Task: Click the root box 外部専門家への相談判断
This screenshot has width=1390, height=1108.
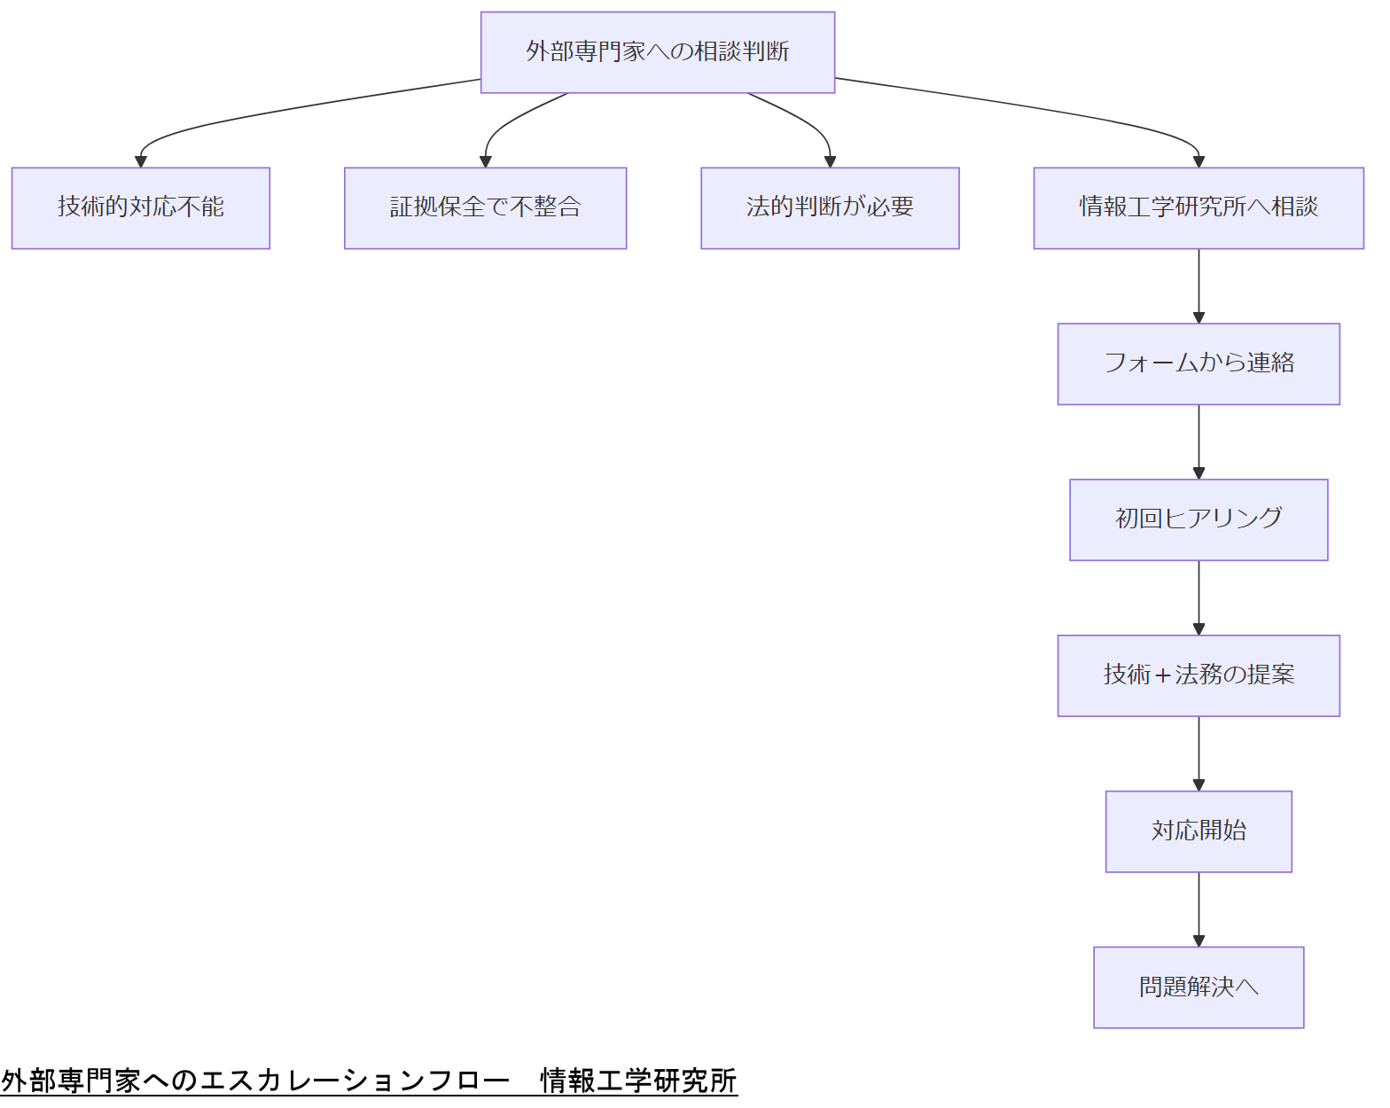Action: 657,52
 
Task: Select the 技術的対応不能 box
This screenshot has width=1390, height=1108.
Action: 140,208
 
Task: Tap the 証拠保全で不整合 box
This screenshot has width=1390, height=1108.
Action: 485,208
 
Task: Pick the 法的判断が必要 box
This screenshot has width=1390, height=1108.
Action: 830,208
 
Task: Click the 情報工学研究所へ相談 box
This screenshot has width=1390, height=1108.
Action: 1198,208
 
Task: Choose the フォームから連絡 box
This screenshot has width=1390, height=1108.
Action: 1198,364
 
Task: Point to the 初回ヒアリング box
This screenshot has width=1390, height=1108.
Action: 1198,520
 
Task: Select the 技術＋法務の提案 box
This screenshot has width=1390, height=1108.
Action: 1198,675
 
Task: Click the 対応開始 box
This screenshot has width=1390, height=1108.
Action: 1198,831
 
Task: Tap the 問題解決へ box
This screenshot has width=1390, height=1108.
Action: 1198,987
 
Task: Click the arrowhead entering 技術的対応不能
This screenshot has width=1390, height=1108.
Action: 140,161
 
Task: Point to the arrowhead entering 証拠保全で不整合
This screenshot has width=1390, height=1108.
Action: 485,161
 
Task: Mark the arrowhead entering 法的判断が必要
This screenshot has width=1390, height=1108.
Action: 830,161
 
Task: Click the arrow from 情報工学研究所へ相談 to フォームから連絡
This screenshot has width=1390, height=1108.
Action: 1199,285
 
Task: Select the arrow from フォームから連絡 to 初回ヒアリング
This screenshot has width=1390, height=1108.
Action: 1199,441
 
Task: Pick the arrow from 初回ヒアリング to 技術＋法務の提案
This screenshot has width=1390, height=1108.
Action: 1199,597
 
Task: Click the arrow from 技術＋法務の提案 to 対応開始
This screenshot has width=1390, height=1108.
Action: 1199,753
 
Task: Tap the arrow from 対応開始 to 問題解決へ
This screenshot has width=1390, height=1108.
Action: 1199,909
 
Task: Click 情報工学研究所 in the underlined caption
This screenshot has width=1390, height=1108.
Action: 638,1081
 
